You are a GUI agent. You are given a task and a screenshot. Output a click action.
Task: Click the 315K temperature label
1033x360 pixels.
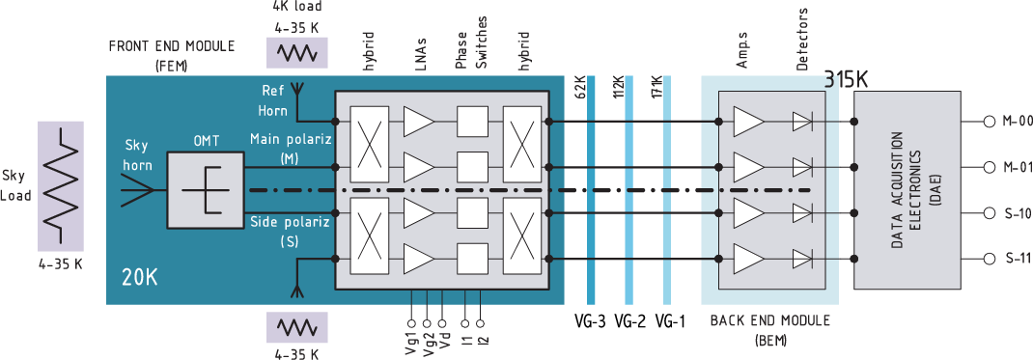(x=847, y=80)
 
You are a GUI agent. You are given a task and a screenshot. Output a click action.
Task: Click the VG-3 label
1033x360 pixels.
(x=588, y=321)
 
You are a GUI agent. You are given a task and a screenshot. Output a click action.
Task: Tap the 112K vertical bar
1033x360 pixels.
(x=629, y=189)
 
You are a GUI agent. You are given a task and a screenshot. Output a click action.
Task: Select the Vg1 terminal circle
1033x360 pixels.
(x=411, y=323)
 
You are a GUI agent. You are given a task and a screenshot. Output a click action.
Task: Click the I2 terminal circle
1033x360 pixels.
(x=480, y=323)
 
